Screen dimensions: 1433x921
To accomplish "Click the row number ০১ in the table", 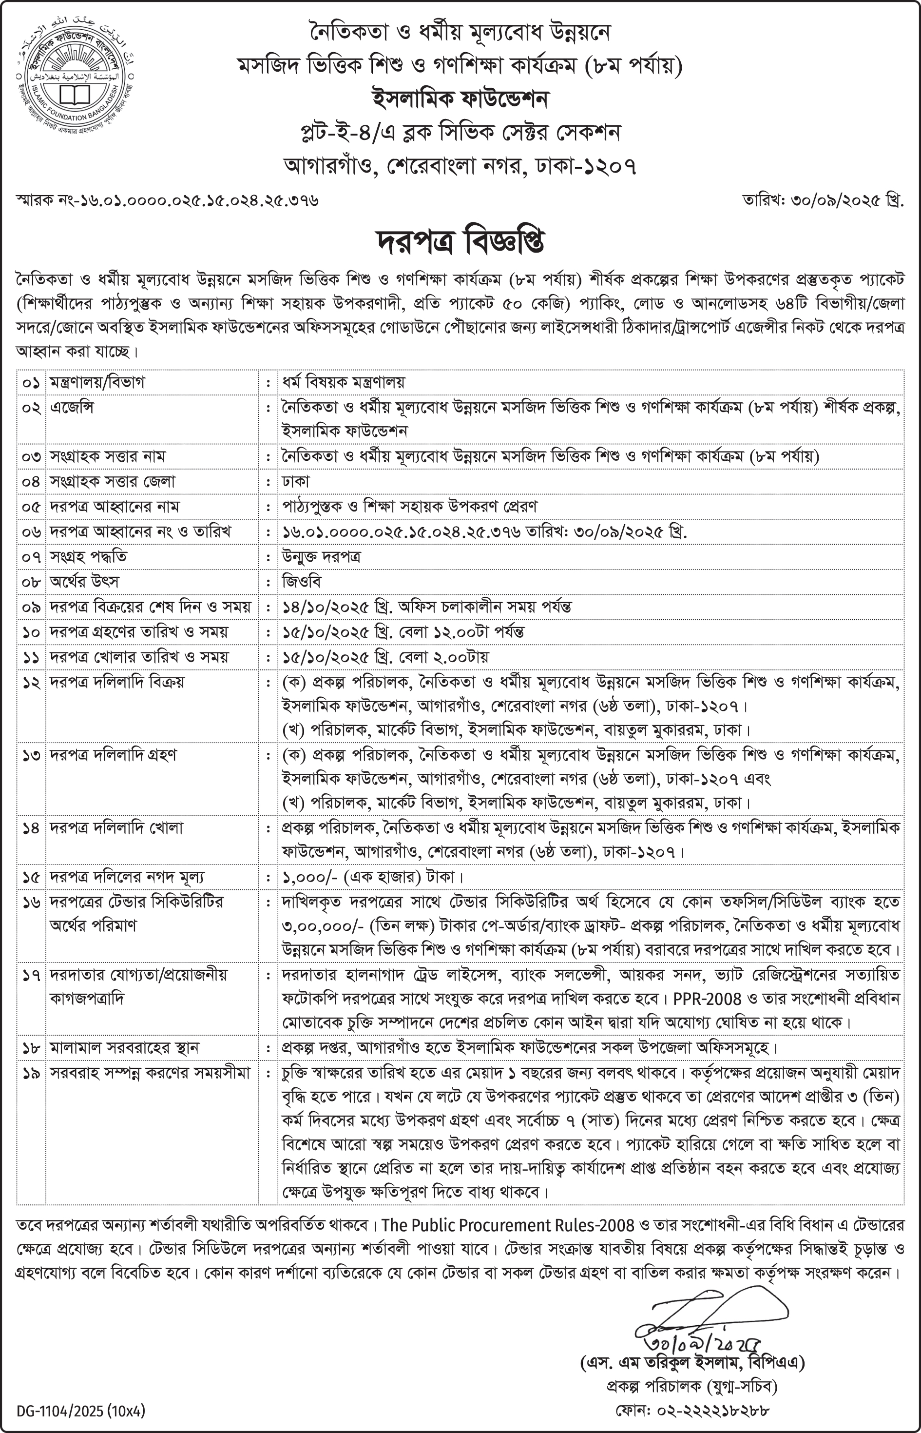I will click(x=31, y=382).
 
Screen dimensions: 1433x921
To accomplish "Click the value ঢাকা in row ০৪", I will click(x=296, y=482).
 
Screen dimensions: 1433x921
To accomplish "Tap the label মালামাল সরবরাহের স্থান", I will click(x=124, y=1048).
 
